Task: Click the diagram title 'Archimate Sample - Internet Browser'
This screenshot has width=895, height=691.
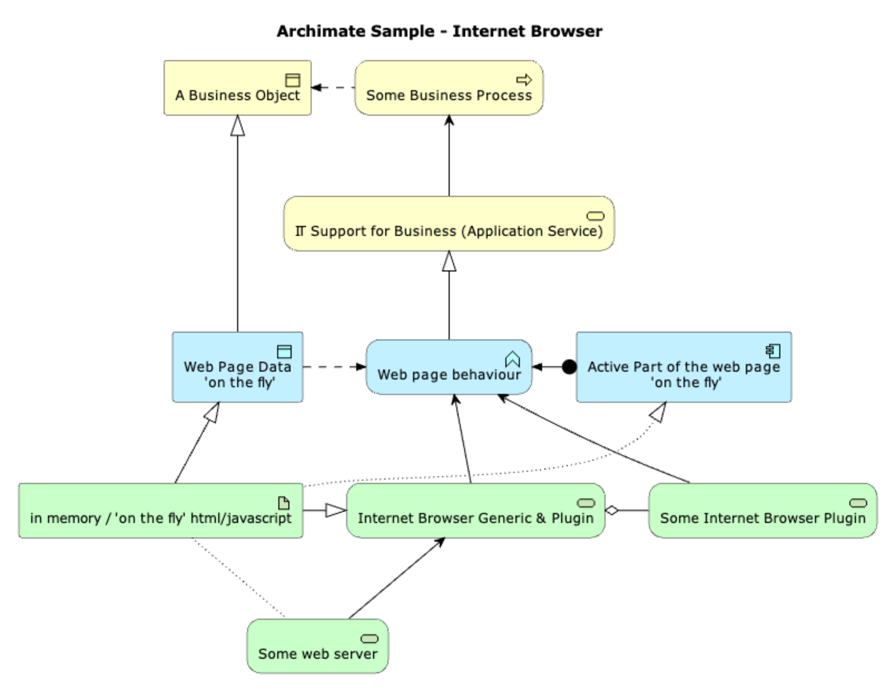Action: (439, 31)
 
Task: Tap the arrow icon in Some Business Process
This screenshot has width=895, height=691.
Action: (524, 80)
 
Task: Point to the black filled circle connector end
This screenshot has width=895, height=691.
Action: (569, 367)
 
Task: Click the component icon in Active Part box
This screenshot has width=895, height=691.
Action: (773, 351)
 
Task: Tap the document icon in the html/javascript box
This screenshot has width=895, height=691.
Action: (284, 503)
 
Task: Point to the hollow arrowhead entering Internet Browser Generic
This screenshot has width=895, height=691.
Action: (336, 510)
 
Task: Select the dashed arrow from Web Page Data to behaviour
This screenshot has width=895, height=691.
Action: (334, 367)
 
